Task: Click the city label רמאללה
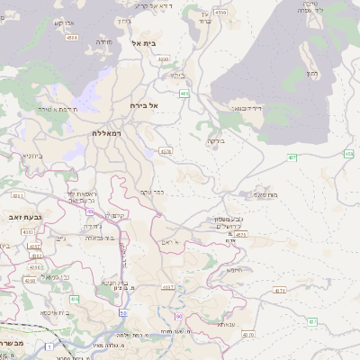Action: [x=107, y=132]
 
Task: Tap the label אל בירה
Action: [x=143, y=105]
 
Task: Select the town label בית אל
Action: [x=144, y=42]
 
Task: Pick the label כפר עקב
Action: [x=153, y=192]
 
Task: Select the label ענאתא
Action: [x=225, y=324]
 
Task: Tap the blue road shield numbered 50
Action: [x=122, y=311]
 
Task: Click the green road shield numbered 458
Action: [x=349, y=154]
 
